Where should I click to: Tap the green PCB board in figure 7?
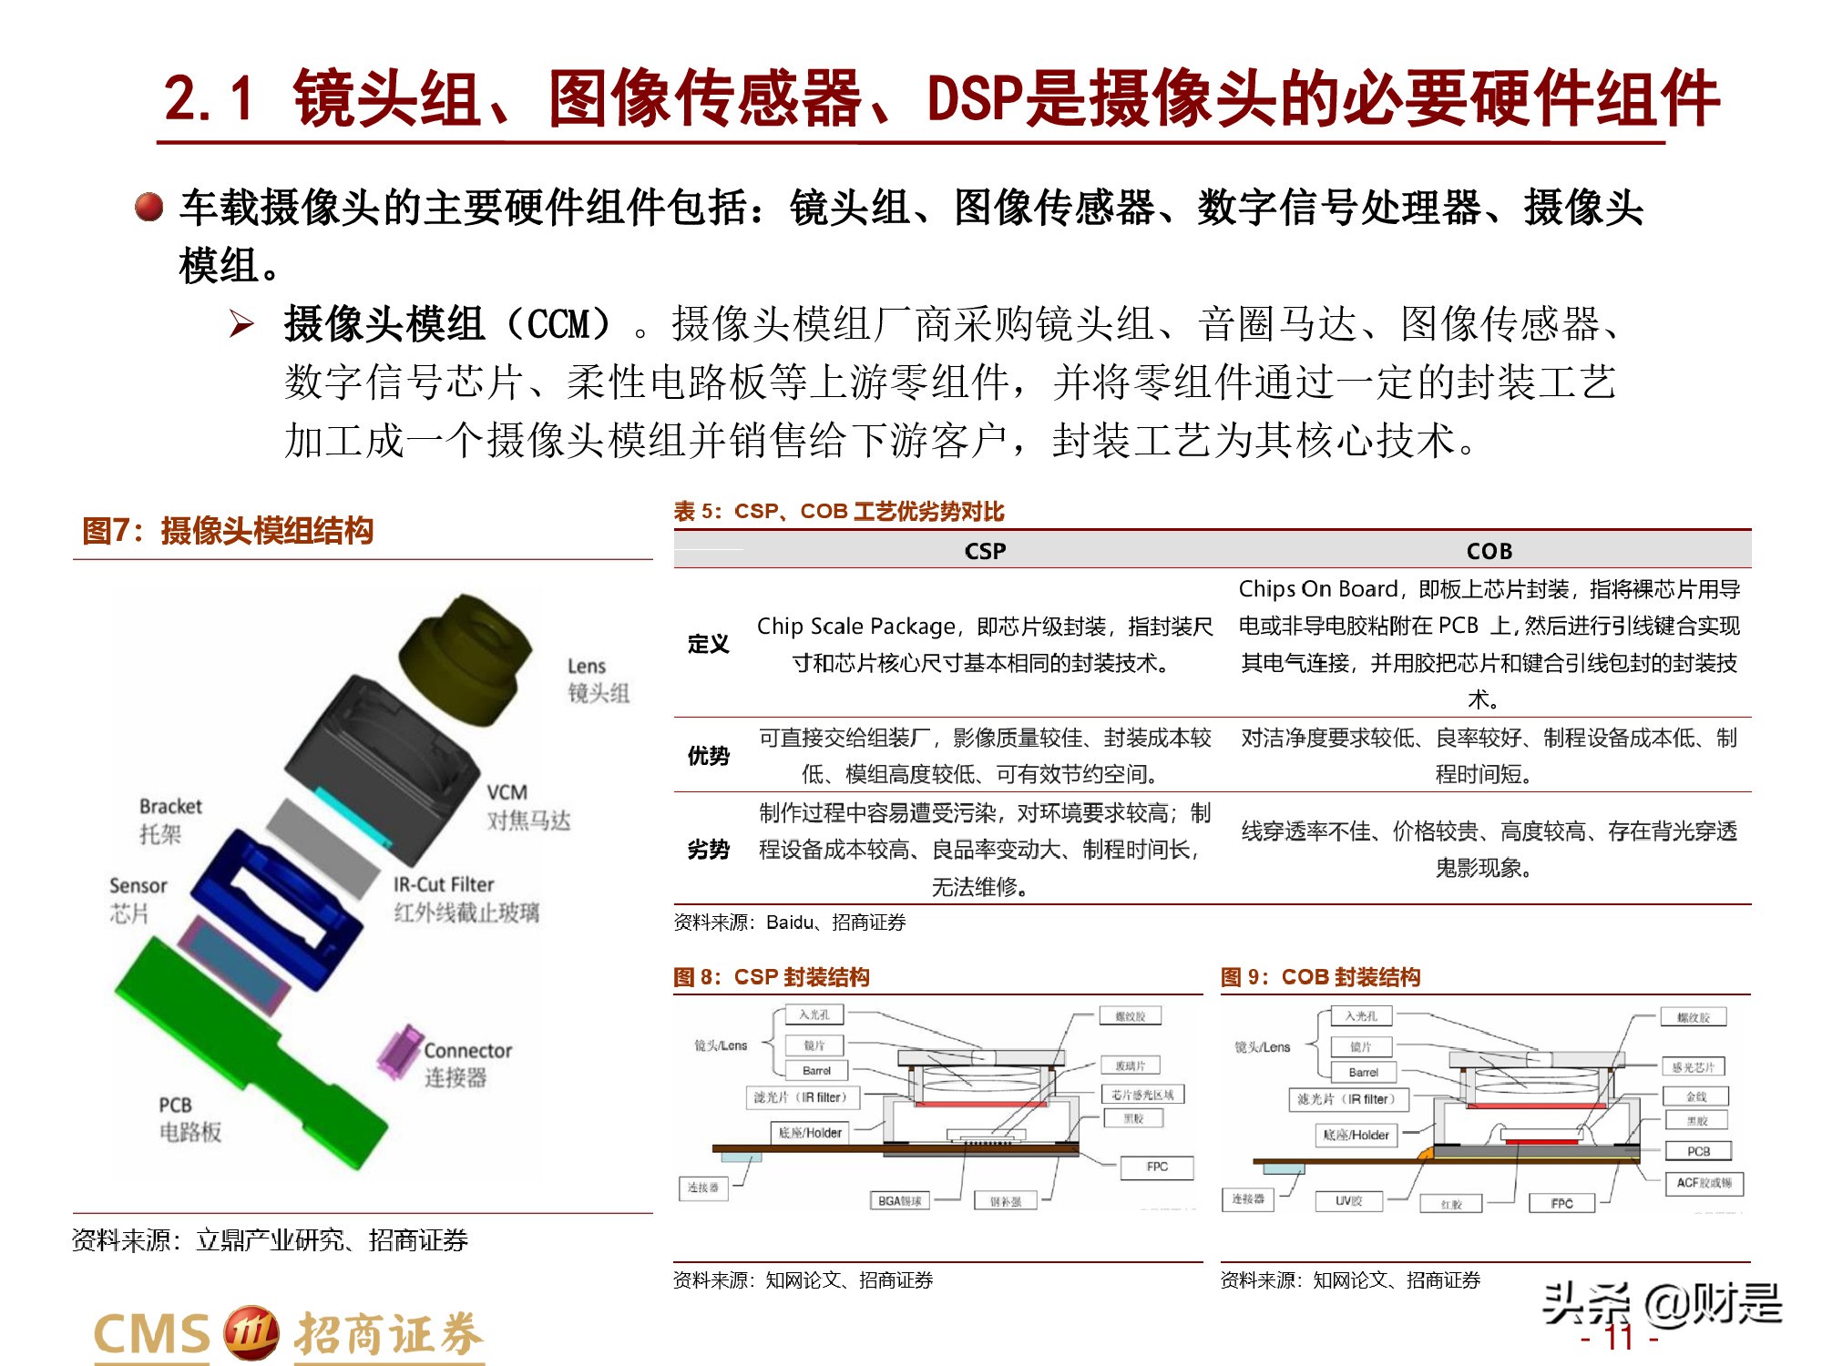(246, 1047)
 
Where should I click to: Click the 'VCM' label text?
(507, 792)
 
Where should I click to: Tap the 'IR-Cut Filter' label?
(444, 884)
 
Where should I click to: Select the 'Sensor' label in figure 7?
(138, 885)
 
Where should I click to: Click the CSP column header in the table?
(985, 551)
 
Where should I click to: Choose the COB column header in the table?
(1489, 551)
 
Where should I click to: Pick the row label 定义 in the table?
(708, 644)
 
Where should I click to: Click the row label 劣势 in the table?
(708, 850)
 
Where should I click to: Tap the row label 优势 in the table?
(708, 756)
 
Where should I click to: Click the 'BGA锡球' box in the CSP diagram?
(899, 1201)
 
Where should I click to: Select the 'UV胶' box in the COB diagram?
(1348, 1201)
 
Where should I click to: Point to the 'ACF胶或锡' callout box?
(1704, 1183)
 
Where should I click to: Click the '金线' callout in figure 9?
(1695, 1096)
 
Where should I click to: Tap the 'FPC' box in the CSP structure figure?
(1156, 1167)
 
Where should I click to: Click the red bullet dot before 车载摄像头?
(148, 207)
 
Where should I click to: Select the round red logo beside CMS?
(251, 1333)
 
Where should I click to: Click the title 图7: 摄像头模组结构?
(228, 530)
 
